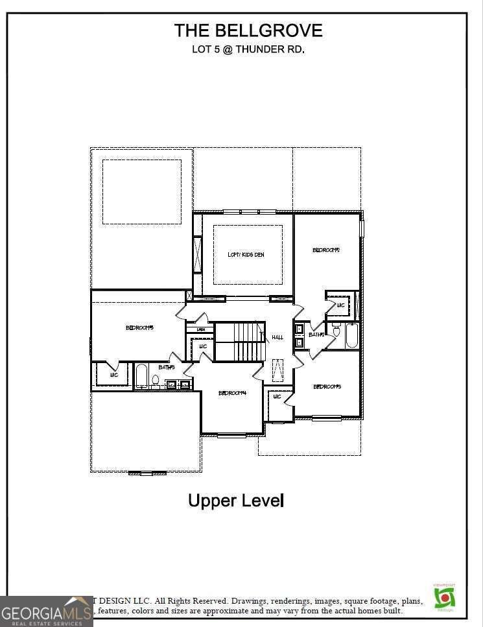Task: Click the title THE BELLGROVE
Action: pos(248,30)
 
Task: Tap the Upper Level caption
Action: pos(236,501)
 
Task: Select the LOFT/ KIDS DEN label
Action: pos(246,255)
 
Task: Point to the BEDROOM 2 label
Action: pos(326,250)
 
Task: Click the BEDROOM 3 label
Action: pos(327,387)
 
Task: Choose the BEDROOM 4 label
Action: pos(232,393)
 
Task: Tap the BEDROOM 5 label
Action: pos(139,328)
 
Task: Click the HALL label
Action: pos(277,337)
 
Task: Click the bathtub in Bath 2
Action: pos(351,336)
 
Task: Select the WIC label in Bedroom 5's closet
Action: pos(113,375)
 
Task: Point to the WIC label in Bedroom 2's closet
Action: pos(340,305)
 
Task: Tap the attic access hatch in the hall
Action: pos(277,370)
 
